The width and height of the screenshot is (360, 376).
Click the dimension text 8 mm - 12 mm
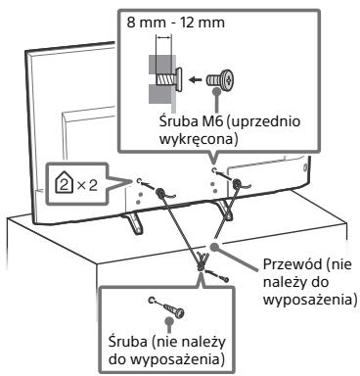tap(175, 23)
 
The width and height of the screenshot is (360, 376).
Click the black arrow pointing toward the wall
tap(196, 79)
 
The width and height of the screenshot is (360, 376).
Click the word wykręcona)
tap(199, 139)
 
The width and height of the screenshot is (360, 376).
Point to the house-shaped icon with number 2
tap(65, 185)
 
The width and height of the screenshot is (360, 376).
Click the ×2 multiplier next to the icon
tap(87, 185)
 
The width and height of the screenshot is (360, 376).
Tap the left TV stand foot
tap(134, 224)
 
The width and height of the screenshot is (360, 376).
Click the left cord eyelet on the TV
tap(160, 192)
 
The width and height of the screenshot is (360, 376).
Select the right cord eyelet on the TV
tap(236, 184)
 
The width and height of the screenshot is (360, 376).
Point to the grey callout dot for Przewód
tap(214, 247)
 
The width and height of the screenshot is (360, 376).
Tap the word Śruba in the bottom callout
tap(128, 342)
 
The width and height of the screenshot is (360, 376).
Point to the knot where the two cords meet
tap(202, 262)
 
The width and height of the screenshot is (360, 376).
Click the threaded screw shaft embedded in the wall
tap(163, 79)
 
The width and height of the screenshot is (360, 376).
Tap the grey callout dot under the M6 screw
tap(216, 92)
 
